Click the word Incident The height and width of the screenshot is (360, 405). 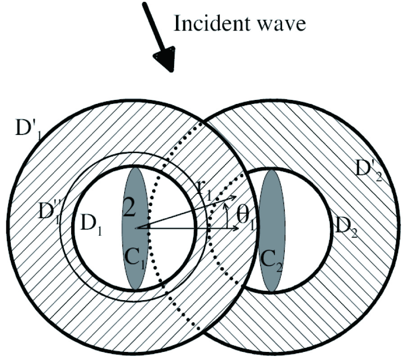click(213, 24)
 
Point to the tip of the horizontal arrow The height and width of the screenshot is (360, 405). click(239, 228)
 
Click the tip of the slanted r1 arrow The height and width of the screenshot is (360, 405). click(236, 196)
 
